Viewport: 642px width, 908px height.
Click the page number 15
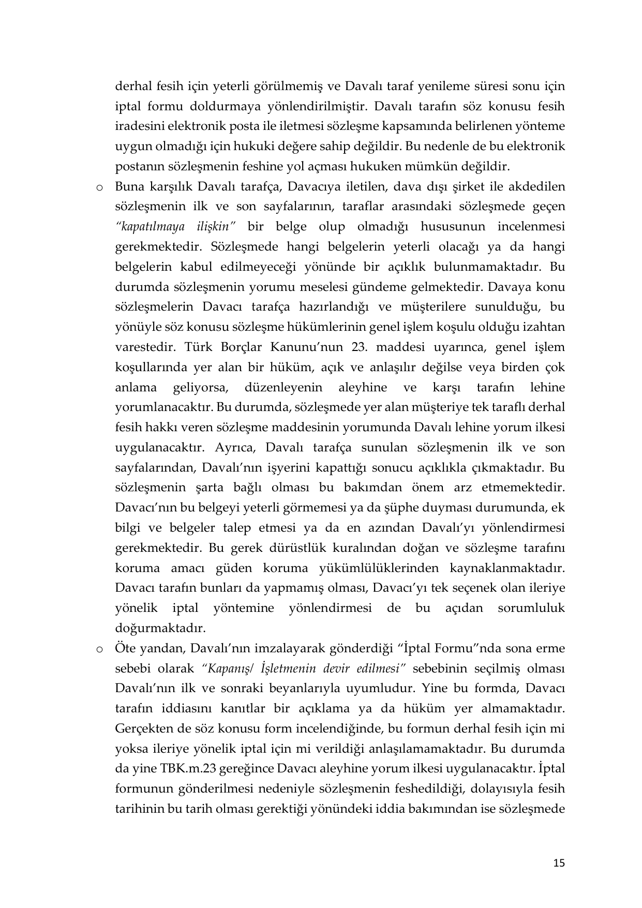pos(559,863)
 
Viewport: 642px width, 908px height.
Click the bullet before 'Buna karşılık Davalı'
pos(98,187)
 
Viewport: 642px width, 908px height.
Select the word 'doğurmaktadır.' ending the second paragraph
pos(160,628)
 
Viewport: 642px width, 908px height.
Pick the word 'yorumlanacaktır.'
pos(164,407)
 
